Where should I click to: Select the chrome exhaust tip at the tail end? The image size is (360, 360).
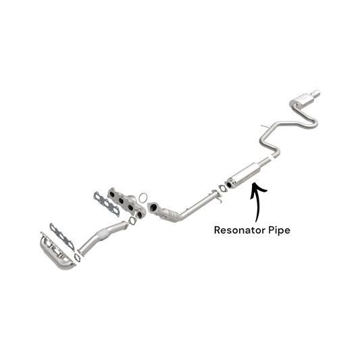tap(315, 93)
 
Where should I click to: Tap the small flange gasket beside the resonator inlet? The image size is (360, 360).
tap(222, 188)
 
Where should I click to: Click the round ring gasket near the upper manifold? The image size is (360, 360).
tap(143, 198)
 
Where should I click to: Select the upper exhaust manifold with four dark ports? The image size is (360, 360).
tap(127, 203)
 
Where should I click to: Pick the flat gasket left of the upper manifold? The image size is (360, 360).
tap(106, 204)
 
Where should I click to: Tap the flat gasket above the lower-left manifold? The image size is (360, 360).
tap(62, 236)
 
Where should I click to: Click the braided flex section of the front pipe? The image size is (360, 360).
tap(103, 234)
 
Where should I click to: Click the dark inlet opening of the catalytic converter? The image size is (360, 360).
tap(152, 207)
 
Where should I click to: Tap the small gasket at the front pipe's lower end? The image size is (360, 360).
tap(78, 257)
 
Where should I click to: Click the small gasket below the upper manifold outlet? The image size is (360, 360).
tap(132, 220)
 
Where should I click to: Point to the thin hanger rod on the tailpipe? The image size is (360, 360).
tap(265, 126)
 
